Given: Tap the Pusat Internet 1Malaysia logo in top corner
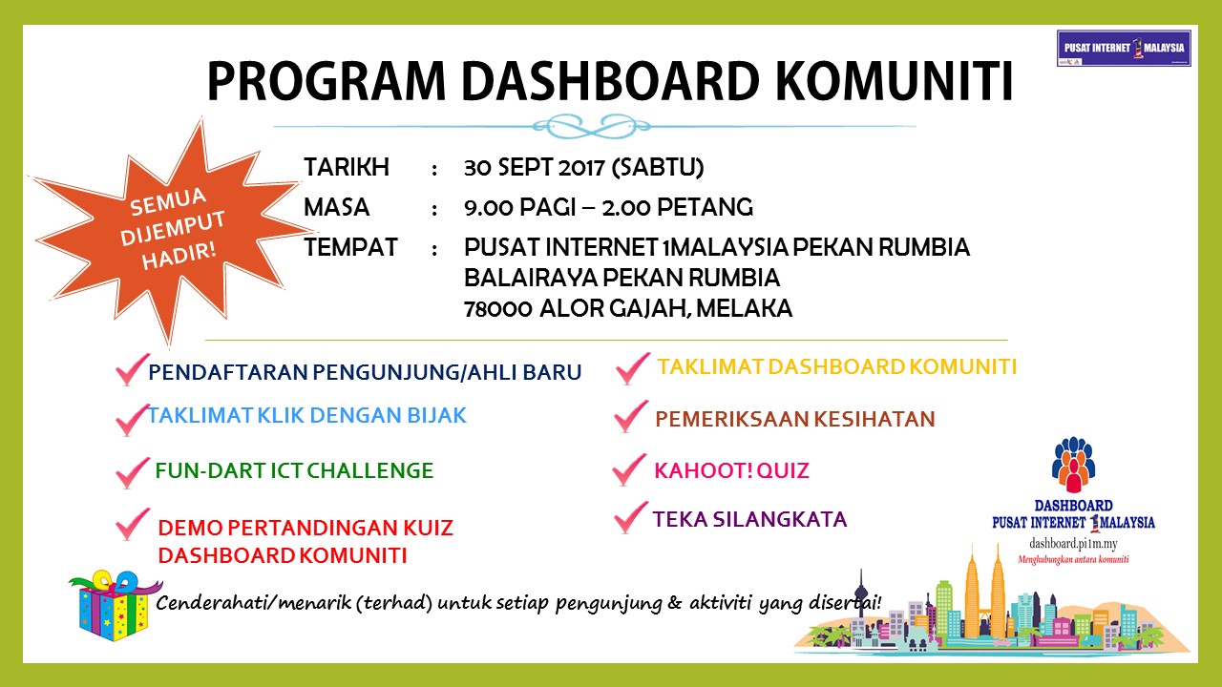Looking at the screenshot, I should click(x=1124, y=48).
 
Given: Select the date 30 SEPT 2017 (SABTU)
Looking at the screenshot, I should click(x=583, y=168).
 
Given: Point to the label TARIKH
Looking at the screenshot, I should click(x=347, y=168).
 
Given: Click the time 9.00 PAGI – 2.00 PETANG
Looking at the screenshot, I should click(x=608, y=207).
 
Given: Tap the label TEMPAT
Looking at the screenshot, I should click(x=350, y=248).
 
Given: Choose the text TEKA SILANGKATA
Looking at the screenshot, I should click(x=749, y=519).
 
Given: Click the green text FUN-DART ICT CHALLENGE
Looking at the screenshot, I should click(x=294, y=470).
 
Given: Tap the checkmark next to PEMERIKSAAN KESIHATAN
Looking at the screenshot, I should click(x=630, y=417).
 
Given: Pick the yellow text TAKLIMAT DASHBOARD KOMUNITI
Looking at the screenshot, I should click(x=836, y=366).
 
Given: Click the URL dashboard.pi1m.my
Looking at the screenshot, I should click(x=1072, y=542).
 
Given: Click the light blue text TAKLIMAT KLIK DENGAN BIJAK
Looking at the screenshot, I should click(x=306, y=416).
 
